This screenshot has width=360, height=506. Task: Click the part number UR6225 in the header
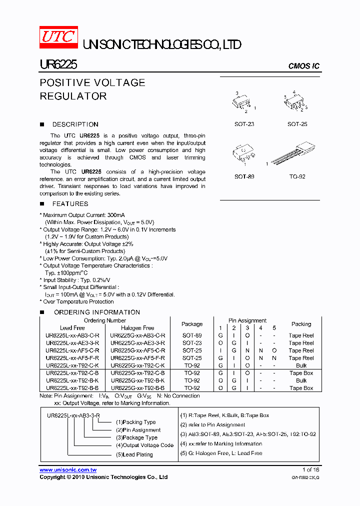point(58,64)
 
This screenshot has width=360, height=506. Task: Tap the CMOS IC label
point(303,66)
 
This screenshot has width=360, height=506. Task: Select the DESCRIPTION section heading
point(75,124)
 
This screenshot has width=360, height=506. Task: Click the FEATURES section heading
point(70,204)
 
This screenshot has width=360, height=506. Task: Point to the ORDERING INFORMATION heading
point(97,312)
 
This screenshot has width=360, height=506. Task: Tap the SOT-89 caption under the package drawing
point(244,177)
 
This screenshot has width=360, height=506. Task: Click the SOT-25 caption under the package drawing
point(297,124)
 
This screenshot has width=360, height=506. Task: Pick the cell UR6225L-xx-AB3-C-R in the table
point(72,335)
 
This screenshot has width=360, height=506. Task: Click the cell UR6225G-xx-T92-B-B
point(137,388)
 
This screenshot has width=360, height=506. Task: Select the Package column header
point(192,324)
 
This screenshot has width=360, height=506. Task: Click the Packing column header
point(301,324)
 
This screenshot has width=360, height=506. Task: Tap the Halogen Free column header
point(137,328)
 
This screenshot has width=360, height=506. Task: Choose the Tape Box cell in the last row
point(301,388)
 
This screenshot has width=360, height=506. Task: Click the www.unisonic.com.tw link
point(68,470)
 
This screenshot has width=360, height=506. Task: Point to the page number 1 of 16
point(310,470)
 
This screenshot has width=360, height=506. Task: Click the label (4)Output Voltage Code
point(144,445)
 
